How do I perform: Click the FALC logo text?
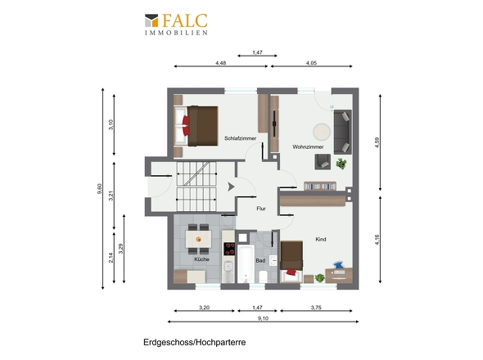coord(184,20)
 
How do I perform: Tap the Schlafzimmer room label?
coord(241,139)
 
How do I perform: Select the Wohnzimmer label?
coord(309,146)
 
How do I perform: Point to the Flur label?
coord(261,209)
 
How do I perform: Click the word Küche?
coord(201,259)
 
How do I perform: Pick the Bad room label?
coord(260,260)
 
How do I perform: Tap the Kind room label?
coord(321,239)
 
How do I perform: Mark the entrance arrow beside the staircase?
coord(232,187)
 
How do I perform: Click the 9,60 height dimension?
coord(101,187)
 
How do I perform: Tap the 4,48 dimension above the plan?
coord(221,63)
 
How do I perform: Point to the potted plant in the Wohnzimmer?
coord(340,163)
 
